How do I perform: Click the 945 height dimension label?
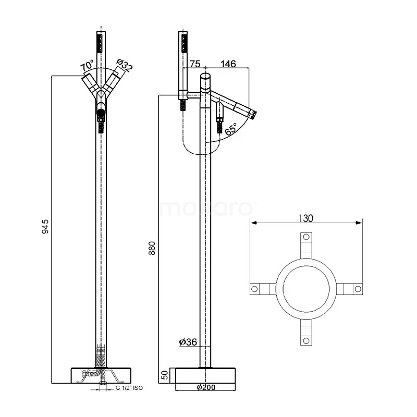tap(45, 226)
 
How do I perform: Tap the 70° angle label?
tap(87, 67)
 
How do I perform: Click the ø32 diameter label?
tap(125, 66)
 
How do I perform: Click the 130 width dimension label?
tap(306, 218)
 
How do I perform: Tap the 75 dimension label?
tap(195, 64)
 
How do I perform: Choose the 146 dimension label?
tap(228, 64)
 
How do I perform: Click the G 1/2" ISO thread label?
tap(129, 388)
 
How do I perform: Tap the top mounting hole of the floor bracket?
tap(306, 238)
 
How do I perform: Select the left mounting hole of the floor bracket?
tap(254, 289)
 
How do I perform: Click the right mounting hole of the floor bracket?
tap(358, 289)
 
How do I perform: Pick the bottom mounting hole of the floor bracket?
tap(306, 341)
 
